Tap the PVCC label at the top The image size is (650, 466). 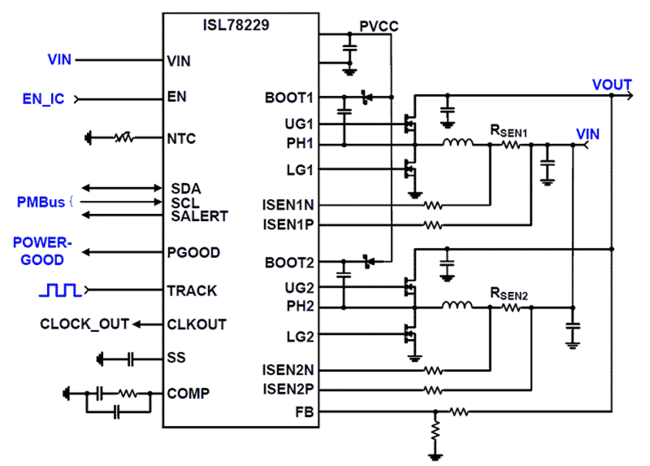click(x=379, y=26)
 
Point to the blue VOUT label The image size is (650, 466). click(x=612, y=85)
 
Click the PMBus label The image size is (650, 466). click(x=41, y=202)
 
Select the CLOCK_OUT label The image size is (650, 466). click(x=84, y=325)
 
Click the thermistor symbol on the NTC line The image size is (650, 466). click(x=124, y=138)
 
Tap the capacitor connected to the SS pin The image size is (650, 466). click(x=131, y=358)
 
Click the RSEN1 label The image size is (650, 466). click(x=509, y=131)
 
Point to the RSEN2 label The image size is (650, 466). click(x=509, y=295)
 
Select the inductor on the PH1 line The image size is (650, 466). click(x=457, y=143)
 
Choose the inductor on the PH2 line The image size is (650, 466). click(x=457, y=305)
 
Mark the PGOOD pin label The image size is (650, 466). click(x=194, y=253)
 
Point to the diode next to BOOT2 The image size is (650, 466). click(x=368, y=261)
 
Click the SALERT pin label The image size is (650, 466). click(x=199, y=216)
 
